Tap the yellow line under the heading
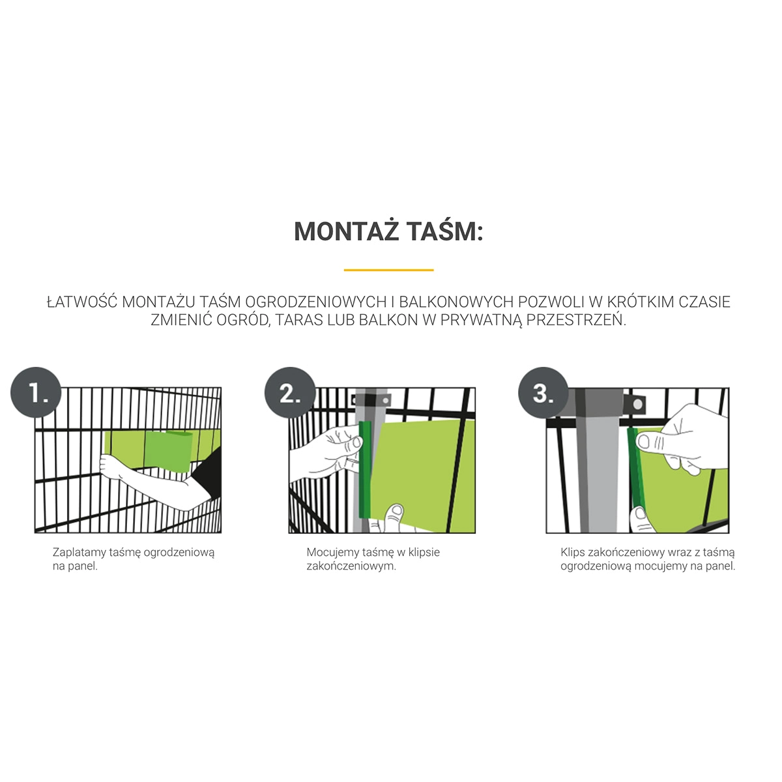coord(389,270)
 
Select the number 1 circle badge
coord(36,392)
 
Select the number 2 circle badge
coord(290,392)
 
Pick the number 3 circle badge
coord(543,392)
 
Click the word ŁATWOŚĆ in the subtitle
coord(82,302)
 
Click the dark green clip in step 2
coord(365,470)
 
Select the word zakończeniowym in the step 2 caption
coord(351,566)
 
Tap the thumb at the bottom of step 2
coord(394,517)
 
